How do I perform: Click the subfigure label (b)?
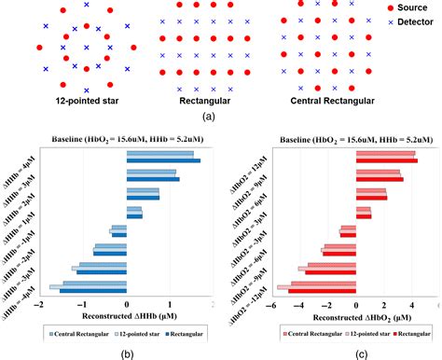(117, 353)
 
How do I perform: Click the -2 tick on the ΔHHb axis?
(38, 303)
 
